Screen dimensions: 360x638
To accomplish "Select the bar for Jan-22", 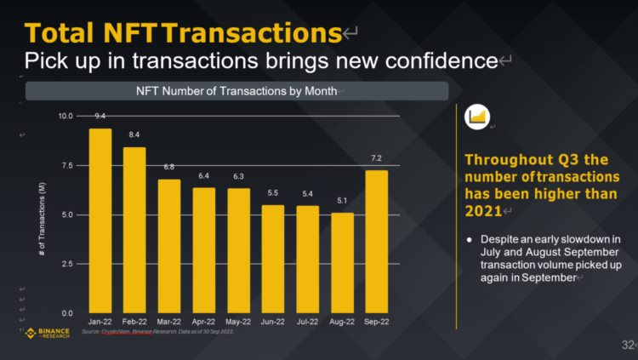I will point(100,220).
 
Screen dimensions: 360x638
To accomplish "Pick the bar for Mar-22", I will point(169,246).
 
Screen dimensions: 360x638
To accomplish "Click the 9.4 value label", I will point(100,115).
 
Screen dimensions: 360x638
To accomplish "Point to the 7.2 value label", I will point(376,158).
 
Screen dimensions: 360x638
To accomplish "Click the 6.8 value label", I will point(169,167).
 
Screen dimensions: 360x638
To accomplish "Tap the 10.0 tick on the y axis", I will point(66,116).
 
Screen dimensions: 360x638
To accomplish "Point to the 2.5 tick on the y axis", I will point(67,264).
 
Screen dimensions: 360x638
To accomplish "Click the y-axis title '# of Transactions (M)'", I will point(43,214).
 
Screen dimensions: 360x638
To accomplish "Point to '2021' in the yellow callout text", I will point(482,210).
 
